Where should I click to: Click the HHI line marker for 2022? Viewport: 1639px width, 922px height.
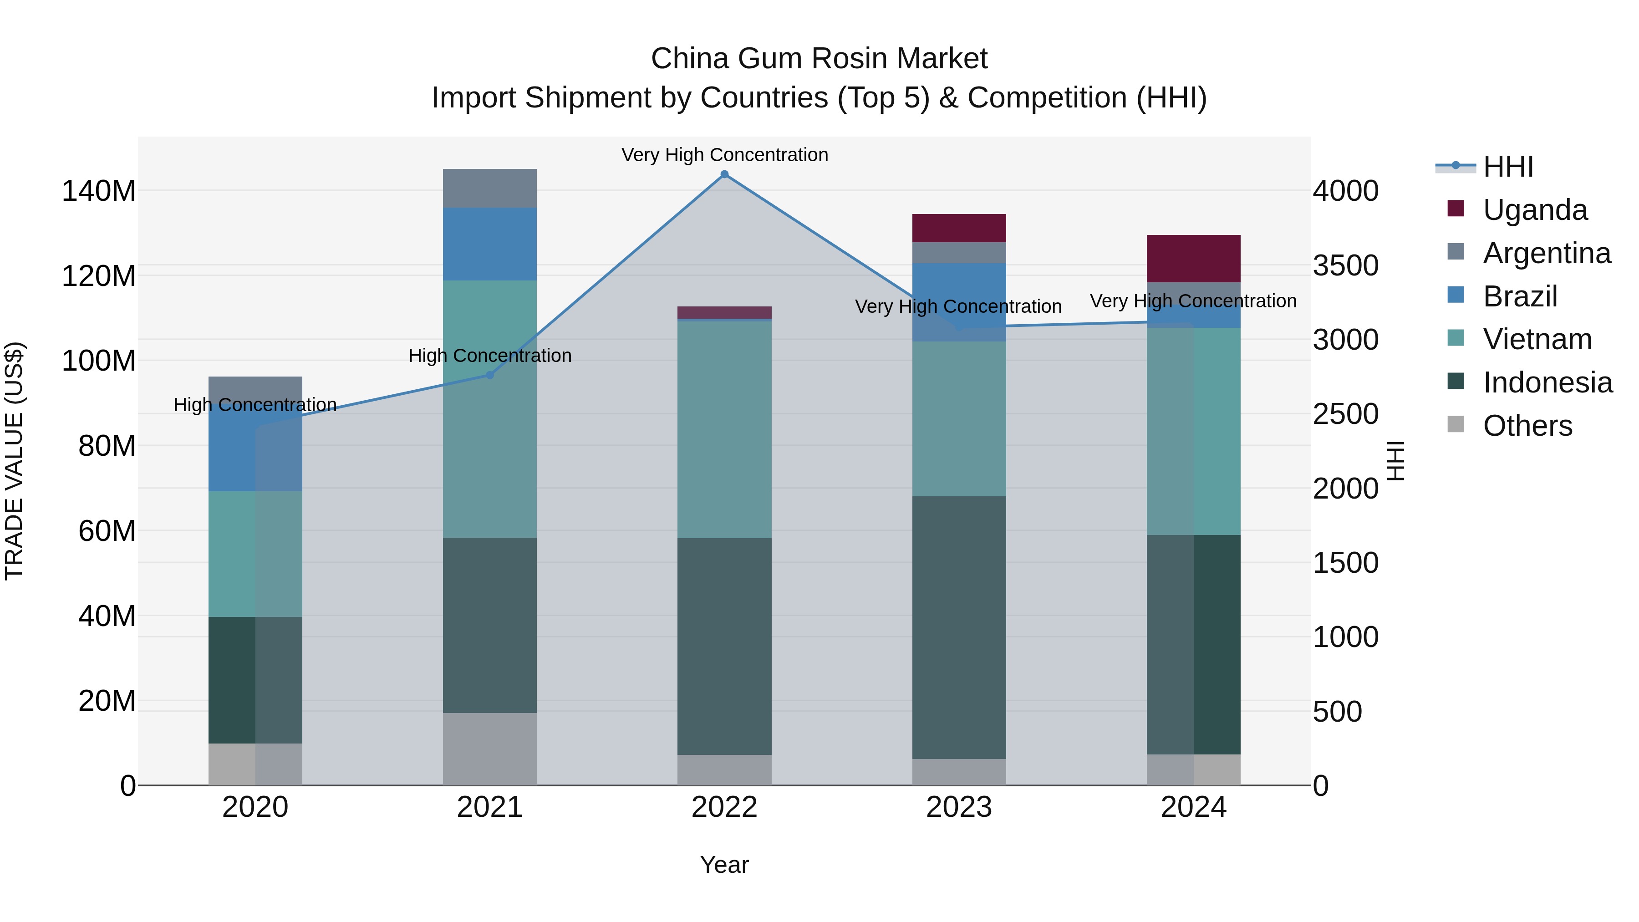click(x=724, y=174)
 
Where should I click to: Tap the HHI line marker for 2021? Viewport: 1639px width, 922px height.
click(x=489, y=375)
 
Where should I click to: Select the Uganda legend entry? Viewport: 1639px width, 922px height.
click(x=1535, y=210)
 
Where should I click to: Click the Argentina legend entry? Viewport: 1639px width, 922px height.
click(x=1546, y=253)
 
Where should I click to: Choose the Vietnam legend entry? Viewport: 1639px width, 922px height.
click(x=1537, y=339)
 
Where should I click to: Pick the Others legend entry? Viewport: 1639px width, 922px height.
click(x=1527, y=426)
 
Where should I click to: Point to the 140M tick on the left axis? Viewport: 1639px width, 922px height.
click(x=99, y=191)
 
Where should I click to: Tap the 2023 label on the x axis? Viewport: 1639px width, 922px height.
click(x=959, y=807)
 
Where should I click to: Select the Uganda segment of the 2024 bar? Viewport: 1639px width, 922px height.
click(x=1193, y=258)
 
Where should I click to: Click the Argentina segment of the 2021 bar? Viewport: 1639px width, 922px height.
click(x=489, y=188)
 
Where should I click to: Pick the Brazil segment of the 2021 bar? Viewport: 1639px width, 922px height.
click(x=489, y=244)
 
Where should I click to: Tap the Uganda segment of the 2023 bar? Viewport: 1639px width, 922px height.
click(x=959, y=228)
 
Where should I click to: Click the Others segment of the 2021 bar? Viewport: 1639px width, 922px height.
click(x=489, y=749)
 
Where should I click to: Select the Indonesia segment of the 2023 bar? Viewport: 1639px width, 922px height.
click(x=959, y=627)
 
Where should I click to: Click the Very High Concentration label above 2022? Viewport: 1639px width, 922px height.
click(x=724, y=155)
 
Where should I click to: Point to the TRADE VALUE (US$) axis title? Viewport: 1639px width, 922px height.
click(x=15, y=461)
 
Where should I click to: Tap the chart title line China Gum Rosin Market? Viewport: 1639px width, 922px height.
click(x=819, y=59)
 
